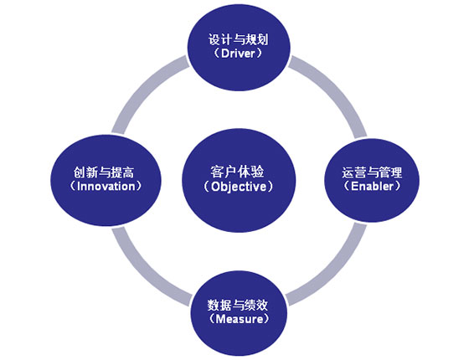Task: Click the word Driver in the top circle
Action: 238,54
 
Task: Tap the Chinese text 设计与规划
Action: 238,40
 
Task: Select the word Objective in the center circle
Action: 239,187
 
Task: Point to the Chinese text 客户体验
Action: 237,172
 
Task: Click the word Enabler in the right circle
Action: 372,186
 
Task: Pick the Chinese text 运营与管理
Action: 372,172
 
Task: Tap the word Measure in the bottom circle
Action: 239,319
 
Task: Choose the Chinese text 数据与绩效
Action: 238,306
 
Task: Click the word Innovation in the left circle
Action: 106,186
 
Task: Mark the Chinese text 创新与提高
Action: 104,172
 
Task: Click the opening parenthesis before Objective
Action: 206,187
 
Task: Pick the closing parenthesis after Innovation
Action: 138,186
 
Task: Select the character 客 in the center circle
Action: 217,172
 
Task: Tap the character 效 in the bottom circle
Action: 261,306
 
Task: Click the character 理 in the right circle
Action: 396,172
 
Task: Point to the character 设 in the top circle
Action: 214,40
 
